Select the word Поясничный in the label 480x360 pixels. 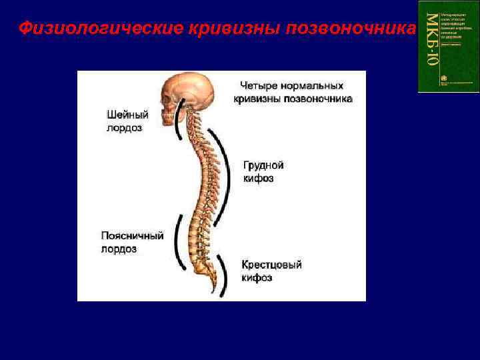click(132, 236)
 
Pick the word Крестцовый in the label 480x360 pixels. click(271, 265)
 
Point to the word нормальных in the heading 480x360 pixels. click(310, 86)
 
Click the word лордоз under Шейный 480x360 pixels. click(125, 128)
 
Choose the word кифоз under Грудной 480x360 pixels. click(258, 179)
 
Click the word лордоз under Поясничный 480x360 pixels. click(119, 249)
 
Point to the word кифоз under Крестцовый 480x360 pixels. click(257, 278)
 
